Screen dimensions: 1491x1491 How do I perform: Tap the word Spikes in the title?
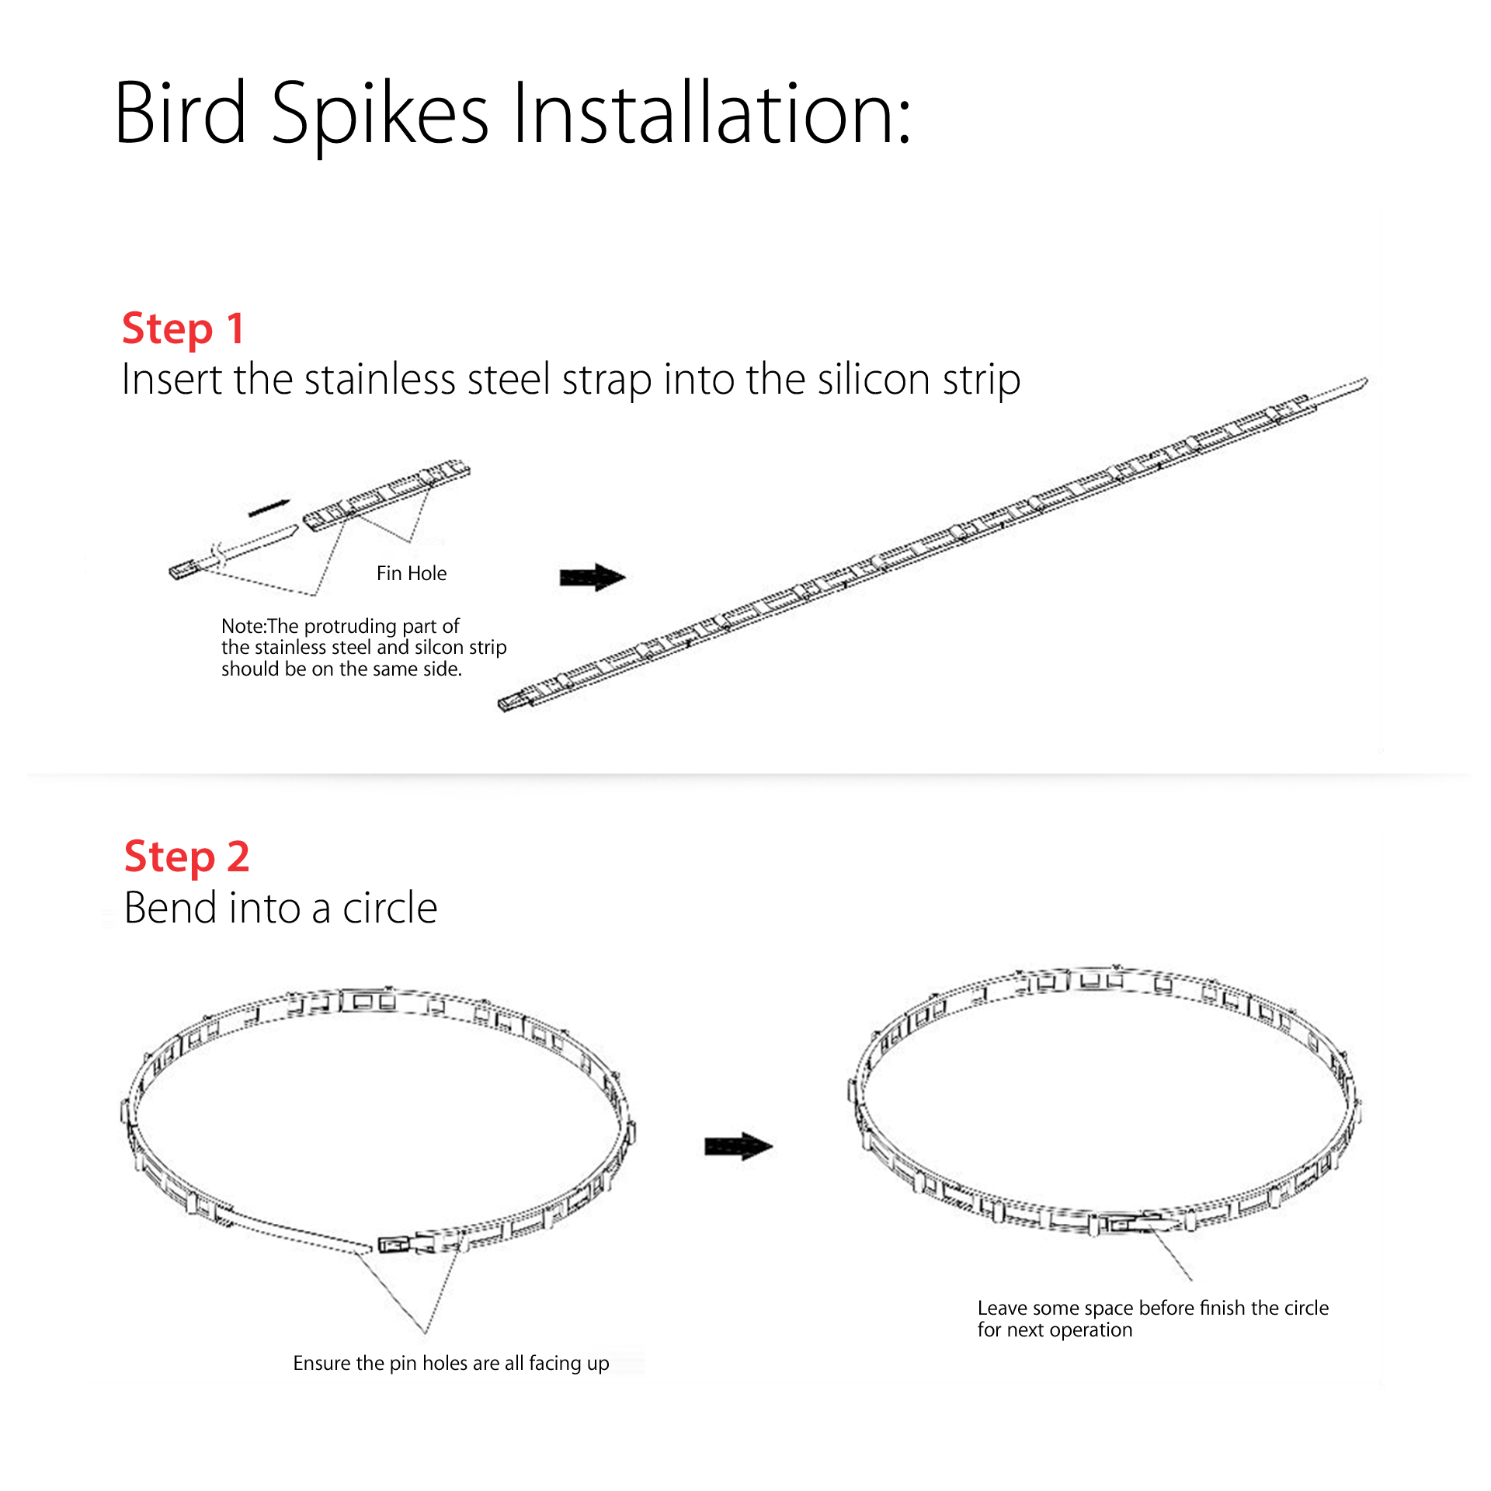380,116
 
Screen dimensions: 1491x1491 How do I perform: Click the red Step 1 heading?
183,328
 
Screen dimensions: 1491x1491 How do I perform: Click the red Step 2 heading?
186,857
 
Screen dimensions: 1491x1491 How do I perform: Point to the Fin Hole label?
412,573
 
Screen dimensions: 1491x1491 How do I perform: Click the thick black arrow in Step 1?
593,577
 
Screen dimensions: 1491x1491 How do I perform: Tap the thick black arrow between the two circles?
739,1146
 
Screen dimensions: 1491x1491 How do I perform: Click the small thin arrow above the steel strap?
269,508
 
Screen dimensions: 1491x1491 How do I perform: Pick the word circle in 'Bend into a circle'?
390,908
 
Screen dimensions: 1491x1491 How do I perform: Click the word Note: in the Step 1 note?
244,626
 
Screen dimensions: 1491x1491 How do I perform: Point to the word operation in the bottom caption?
1091,1330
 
